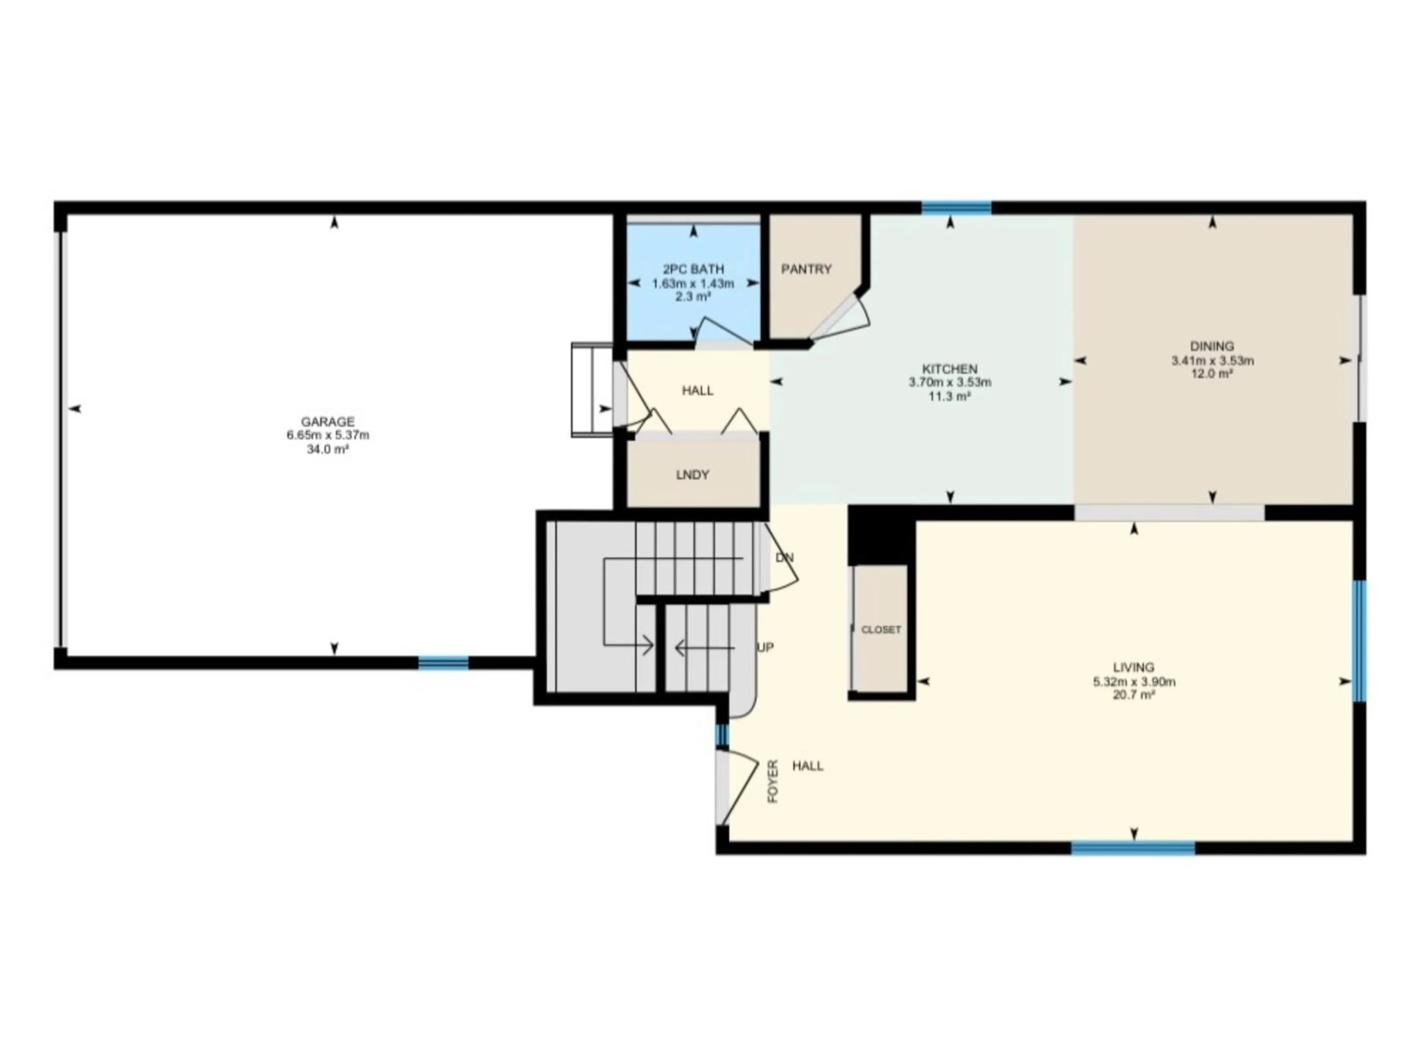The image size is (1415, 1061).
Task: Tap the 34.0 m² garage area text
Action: [328, 449]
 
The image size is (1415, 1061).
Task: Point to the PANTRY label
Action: [806, 269]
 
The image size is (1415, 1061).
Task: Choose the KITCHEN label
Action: [950, 369]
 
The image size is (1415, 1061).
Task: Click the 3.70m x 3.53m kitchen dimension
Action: [950, 382]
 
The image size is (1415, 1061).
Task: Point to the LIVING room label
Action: [1133, 668]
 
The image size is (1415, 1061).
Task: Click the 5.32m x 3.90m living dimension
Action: [1133, 682]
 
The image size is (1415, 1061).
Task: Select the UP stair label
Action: [765, 647]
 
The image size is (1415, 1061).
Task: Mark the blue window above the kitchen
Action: [956, 207]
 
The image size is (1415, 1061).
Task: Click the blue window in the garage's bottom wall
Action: [443, 662]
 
